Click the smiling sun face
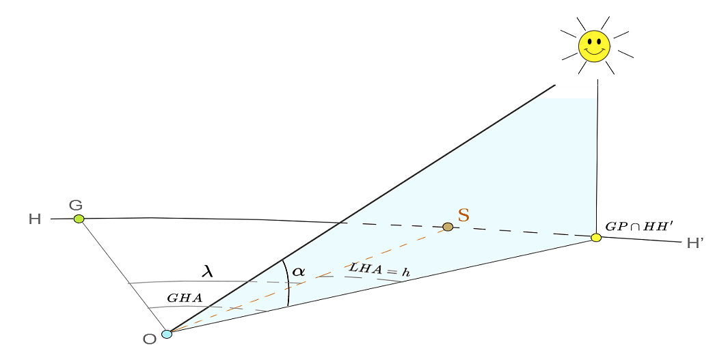coord(593,46)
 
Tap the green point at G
coord(79,219)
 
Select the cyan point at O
coord(167,334)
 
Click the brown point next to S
coord(448,227)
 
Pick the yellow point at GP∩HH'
coord(596,237)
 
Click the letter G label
coord(76,204)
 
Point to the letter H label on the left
coord(34,219)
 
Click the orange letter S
coord(463,215)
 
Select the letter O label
coord(149,339)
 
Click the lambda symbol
coord(207,271)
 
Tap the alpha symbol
coord(298,271)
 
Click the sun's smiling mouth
coord(593,53)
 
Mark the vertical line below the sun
coord(597,157)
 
